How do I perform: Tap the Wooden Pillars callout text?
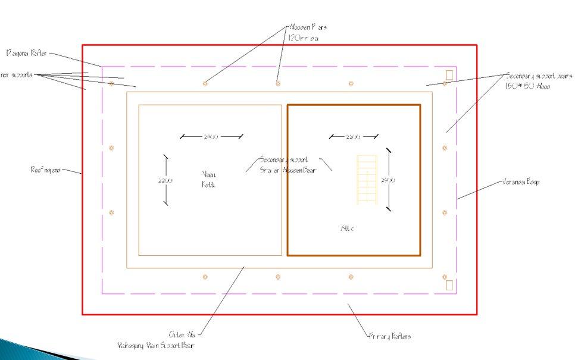(x=307, y=27)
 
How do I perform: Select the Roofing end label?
(x=46, y=170)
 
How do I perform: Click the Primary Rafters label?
(x=389, y=336)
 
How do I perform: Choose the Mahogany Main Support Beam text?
(x=155, y=345)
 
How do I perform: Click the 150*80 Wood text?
(x=528, y=86)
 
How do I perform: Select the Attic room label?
(x=347, y=228)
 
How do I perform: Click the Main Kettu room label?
(x=209, y=179)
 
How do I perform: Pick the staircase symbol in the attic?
(x=367, y=179)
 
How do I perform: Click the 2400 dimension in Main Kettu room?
(x=211, y=137)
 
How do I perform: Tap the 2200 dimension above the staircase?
(x=353, y=137)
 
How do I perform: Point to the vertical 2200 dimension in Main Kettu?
(x=165, y=180)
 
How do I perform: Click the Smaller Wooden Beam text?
(x=288, y=170)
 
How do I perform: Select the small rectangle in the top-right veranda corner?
(x=449, y=74)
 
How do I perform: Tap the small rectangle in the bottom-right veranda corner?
(x=449, y=285)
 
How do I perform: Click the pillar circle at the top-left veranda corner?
(x=111, y=84)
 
